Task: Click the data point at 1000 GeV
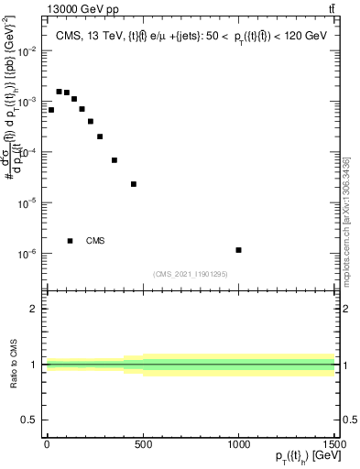(x=238, y=250)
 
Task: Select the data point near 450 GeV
(x=134, y=184)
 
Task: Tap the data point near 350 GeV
(x=115, y=160)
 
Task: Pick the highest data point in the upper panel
(x=59, y=92)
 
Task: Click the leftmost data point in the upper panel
(x=51, y=110)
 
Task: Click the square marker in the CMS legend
(x=71, y=241)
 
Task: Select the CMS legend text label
(x=95, y=241)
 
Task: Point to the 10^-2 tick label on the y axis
(x=28, y=51)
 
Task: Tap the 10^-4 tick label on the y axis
(x=28, y=153)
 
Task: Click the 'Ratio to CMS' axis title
(x=14, y=365)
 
